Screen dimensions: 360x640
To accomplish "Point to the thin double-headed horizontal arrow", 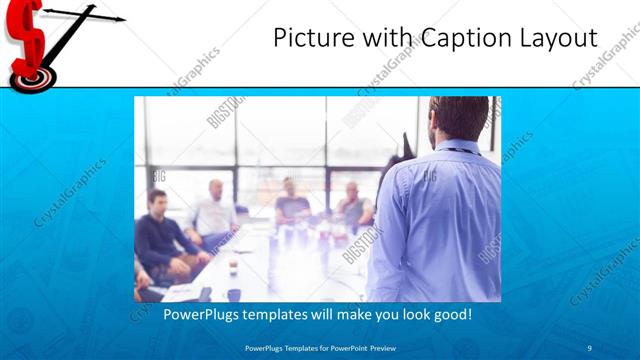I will (x=84, y=15).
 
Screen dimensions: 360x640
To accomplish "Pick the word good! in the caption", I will (x=450, y=314).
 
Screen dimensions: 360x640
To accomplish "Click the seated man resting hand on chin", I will (x=353, y=204).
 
